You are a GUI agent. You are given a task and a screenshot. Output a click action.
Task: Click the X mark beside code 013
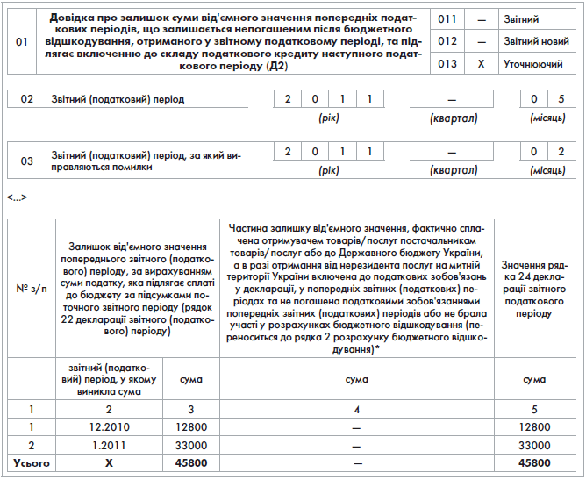[481, 64]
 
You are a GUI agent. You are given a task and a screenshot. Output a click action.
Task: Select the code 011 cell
[447, 18]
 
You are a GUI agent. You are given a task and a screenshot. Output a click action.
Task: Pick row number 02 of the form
[26, 100]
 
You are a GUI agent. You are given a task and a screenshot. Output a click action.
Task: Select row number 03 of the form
[26, 161]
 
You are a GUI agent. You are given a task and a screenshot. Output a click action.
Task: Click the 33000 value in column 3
[190, 445]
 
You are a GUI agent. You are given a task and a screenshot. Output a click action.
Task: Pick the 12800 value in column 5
[533, 427]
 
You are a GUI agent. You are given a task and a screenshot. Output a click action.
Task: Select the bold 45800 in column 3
[190, 462]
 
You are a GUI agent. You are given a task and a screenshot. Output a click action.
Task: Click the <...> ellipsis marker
[17, 197]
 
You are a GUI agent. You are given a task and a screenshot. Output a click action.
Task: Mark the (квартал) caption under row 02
[452, 117]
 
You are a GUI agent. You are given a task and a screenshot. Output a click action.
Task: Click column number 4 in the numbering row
[356, 409]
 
